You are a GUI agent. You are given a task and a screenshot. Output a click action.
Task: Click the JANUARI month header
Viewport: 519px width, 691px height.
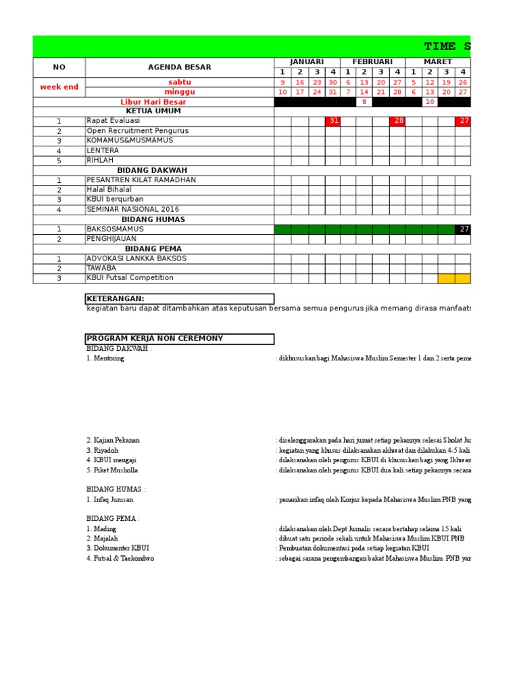coord(307,62)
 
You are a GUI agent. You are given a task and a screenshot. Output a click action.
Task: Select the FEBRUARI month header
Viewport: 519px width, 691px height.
coord(372,62)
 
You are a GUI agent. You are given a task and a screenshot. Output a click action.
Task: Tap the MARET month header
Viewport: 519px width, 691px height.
coord(437,62)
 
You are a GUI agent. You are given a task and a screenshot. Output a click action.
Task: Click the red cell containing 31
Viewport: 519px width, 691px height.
coord(332,121)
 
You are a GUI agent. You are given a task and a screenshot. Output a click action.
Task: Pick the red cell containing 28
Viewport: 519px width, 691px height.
coord(398,121)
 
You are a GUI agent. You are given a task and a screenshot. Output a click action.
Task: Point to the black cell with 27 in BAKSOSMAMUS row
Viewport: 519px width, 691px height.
coord(464,229)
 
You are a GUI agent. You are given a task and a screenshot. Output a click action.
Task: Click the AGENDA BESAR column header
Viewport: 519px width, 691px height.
coord(179,67)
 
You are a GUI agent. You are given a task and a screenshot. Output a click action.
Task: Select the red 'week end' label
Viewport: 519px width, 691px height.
coord(59,87)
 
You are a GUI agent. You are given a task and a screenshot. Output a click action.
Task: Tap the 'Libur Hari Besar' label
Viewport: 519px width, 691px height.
coord(153,102)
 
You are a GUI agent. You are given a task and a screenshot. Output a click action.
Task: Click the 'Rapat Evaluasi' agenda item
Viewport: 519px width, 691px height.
coord(114,121)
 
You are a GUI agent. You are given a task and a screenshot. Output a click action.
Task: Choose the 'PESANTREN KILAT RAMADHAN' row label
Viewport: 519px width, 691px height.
coord(141,180)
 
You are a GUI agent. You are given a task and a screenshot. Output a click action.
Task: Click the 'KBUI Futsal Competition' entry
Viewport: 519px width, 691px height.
coord(130,278)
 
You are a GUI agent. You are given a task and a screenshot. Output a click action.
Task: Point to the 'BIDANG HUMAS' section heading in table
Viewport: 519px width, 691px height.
coord(153,219)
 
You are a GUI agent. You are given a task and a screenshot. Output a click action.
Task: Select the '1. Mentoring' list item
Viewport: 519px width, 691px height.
coord(105,359)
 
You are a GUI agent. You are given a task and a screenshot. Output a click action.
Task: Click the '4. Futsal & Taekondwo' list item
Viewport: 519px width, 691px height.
coord(120,559)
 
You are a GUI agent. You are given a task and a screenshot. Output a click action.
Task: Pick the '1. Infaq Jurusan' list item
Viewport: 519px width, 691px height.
coord(109,500)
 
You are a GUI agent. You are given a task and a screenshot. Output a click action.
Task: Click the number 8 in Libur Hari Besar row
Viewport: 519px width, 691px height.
coord(364,102)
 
